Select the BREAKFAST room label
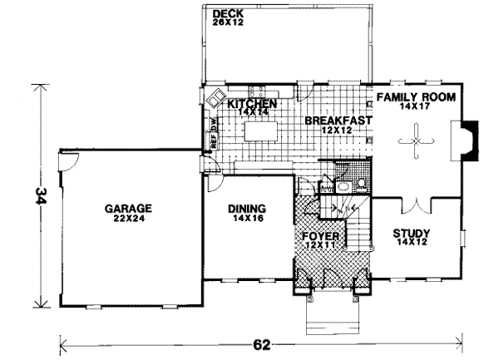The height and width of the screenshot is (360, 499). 337,121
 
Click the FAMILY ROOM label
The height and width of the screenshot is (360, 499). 416,97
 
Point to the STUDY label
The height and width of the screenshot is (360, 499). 411,234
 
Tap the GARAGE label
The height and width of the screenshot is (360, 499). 127,209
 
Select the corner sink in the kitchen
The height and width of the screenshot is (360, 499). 215,96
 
